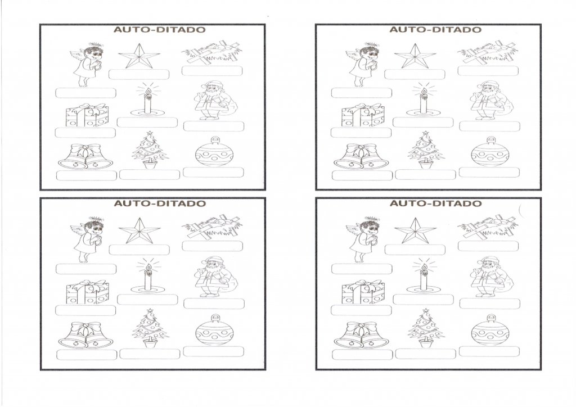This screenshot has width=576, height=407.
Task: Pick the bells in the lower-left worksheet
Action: coord(86,335)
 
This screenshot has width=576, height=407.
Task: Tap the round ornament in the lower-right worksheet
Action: coord(490,330)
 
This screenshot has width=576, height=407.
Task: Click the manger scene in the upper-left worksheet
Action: coord(212,52)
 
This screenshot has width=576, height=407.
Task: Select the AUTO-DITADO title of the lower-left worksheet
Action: coord(160,203)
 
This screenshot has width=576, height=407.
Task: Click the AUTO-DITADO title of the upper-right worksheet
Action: coord(435,29)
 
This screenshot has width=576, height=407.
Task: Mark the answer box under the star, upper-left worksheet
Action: coord(139,74)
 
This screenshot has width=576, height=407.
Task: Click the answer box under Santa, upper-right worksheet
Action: coord(489,126)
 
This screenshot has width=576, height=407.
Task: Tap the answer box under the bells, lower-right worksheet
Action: coord(362,354)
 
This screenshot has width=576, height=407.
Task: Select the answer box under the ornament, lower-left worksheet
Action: coord(213,351)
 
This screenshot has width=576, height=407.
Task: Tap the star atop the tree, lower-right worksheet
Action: coord(425,311)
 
